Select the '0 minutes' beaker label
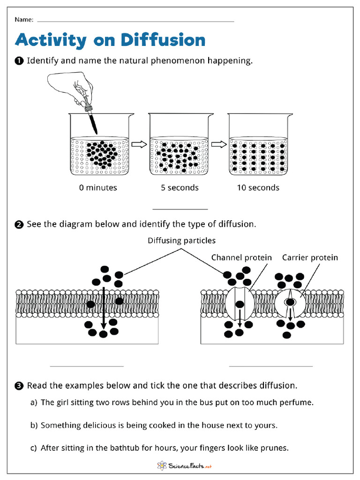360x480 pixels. [98, 187]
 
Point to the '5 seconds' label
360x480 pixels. [180, 187]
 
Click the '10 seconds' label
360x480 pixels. [258, 187]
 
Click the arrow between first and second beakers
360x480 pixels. [139, 145]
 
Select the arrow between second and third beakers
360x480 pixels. [218, 145]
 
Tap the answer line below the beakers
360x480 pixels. [180, 209]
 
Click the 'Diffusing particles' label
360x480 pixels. [182, 240]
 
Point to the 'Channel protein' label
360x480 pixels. [241, 257]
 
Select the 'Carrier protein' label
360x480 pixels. [309, 257]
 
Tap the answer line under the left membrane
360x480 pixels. [87, 366]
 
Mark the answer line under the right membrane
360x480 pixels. [270, 366]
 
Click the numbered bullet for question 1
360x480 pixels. [19, 61]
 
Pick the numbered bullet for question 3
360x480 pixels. [19, 386]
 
